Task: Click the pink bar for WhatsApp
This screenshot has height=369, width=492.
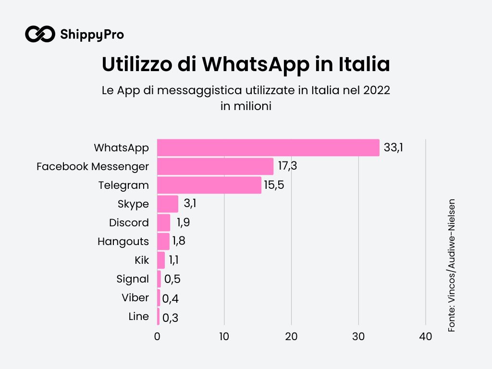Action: click(x=268, y=148)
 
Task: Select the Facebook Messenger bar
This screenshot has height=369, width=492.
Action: click(x=215, y=166)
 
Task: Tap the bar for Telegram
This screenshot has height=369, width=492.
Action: click(x=209, y=185)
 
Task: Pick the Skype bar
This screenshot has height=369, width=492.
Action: click(x=167, y=204)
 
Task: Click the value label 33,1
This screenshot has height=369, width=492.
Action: click(x=393, y=148)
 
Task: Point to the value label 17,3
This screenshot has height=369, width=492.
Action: click(x=287, y=166)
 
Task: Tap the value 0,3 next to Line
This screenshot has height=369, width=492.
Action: click(x=171, y=318)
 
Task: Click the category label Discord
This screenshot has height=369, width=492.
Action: click(x=129, y=223)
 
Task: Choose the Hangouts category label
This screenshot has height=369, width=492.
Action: click(x=123, y=241)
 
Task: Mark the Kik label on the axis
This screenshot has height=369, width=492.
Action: click(x=142, y=260)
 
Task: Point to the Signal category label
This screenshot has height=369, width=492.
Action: click(x=133, y=279)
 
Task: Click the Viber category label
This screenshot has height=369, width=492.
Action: click(x=135, y=297)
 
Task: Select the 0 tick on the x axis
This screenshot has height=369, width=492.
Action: click(x=157, y=337)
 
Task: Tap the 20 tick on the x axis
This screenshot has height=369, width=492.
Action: click(x=291, y=337)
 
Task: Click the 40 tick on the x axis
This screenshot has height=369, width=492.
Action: click(x=425, y=337)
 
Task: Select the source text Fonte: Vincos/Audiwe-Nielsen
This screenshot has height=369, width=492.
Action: click(x=452, y=265)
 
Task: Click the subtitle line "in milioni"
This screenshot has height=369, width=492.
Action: click(x=246, y=106)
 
